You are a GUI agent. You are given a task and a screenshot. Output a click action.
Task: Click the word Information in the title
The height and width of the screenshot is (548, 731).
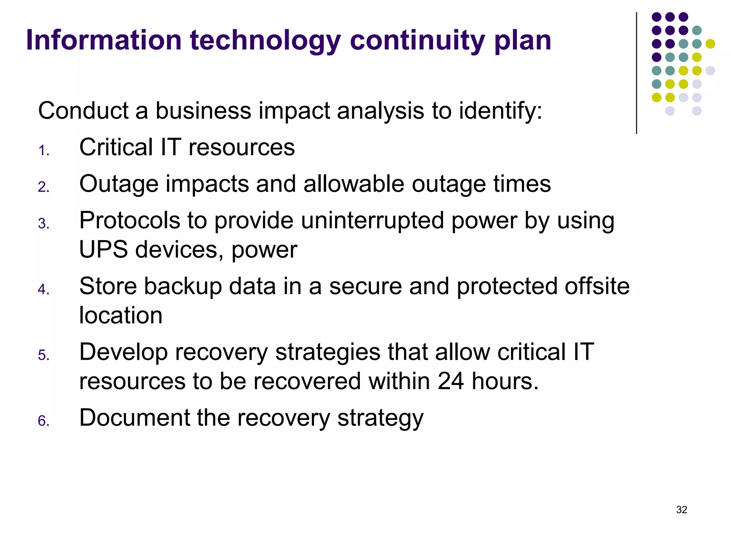(104, 40)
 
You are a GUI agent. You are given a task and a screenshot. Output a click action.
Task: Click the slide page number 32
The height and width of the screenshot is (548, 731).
(681, 509)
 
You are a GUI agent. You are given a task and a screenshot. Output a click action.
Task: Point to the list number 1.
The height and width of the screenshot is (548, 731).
(44, 151)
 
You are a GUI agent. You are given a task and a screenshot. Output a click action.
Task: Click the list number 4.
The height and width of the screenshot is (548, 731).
(44, 289)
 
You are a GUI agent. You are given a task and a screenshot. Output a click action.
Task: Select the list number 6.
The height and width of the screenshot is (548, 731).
(44, 421)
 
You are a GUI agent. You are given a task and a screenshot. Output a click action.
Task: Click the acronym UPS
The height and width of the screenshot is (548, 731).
(103, 249)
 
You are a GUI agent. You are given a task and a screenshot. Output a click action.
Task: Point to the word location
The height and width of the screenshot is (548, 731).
(121, 315)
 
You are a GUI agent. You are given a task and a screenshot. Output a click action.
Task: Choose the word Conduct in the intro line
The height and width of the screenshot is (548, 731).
(83, 111)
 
